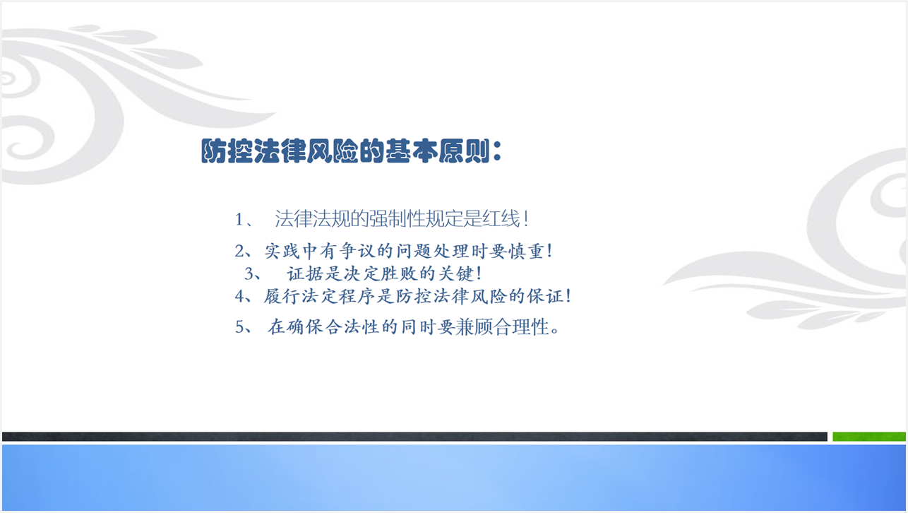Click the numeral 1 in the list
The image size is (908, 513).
[239, 220]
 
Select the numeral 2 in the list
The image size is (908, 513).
[239, 252]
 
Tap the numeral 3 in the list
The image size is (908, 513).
[249, 273]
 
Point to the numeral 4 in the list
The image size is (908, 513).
[239, 297]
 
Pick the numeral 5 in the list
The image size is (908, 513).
[239, 327]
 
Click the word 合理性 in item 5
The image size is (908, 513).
[522, 327]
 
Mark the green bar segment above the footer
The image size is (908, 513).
[868, 437]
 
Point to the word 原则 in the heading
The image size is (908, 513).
[465, 151]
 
